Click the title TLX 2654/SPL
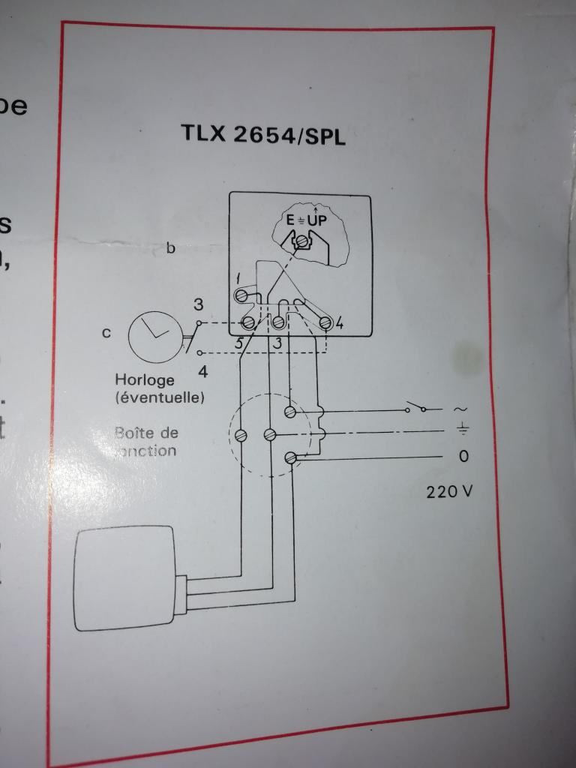pos(262,134)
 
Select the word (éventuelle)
pos(159,397)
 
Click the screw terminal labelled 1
pos(243,296)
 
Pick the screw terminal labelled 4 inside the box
pos(325,323)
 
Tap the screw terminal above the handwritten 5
pos(248,323)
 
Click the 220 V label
pos(450,493)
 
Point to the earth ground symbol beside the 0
pos(463,430)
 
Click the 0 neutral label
pos(463,456)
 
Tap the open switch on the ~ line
pos(415,409)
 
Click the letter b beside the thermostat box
pos(171,247)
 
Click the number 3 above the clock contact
pos(198,305)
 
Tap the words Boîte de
pos(147,433)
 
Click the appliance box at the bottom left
pos(126,579)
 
